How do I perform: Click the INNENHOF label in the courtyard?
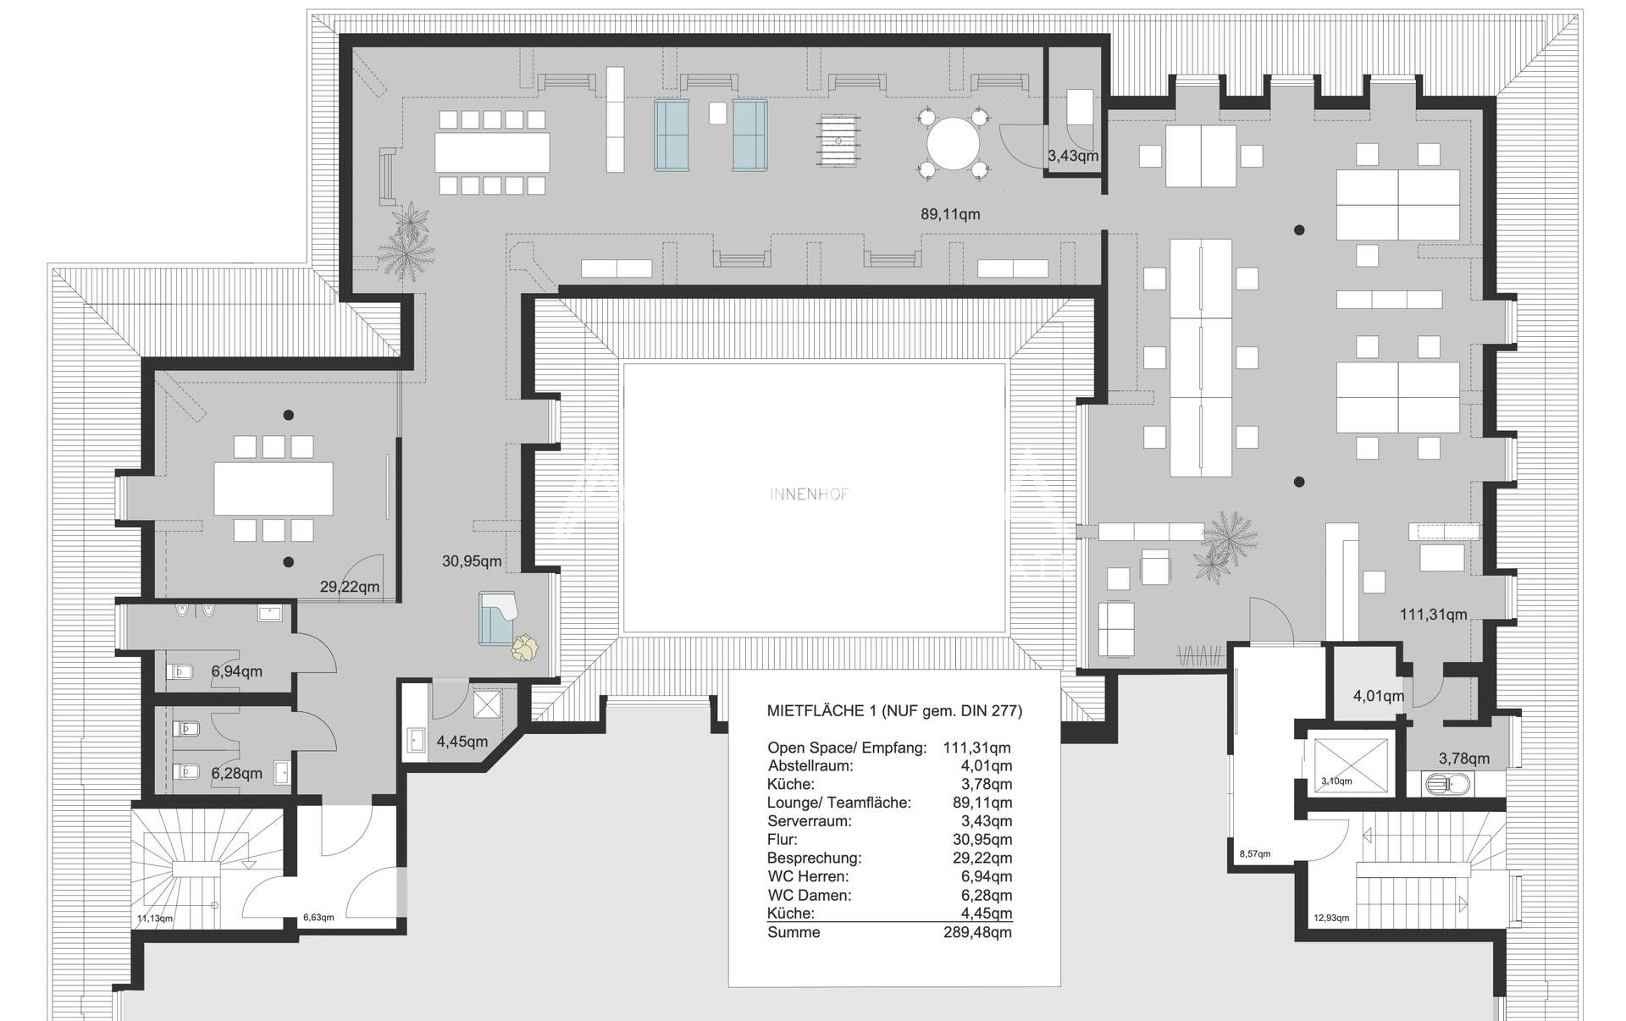[x=809, y=494]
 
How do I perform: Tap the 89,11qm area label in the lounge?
[x=950, y=215]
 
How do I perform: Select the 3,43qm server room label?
[x=1073, y=156]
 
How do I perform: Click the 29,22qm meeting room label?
[x=350, y=587]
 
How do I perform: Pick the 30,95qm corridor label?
[x=472, y=561]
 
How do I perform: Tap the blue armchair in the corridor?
[x=498, y=618]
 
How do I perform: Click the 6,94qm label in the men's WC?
[x=236, y=672]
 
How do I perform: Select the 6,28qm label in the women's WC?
[x=236, y=774]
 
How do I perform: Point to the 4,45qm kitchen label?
[x=462, y=742]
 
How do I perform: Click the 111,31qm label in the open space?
[x=1434, y=615]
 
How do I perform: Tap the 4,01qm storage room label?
[x=1379, y=697]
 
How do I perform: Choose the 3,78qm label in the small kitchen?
[x=1464, y=759]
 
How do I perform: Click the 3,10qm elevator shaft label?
[x=1337, y=781]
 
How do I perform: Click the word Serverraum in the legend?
[x=810, y=821]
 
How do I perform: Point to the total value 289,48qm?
[x=978, y=933]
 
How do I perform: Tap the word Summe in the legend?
[x=794, y=933]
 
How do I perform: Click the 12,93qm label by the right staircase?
[x=1331, y=918]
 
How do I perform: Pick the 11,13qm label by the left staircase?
[x=155, y=919]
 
